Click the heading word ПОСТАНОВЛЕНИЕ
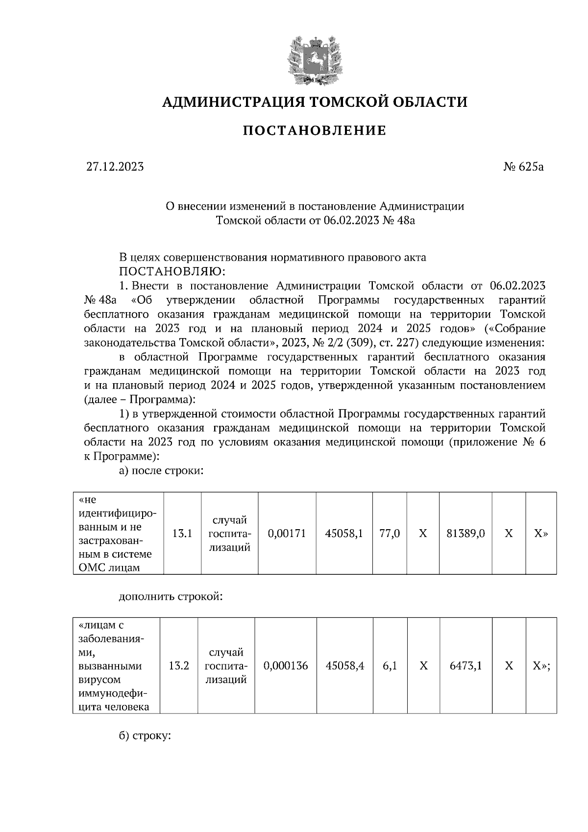click(315, 131)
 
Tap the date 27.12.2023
click(115, 167)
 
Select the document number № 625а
click(523, 167)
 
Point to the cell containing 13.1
click(182, 534)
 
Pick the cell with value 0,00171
click(287, 534)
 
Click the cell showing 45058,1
click(344, 534)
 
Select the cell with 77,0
click(390, 534)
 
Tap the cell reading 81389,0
click(465, 534)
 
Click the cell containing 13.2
click(179, 666)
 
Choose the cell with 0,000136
click(286, 666)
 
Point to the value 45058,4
click(345, 666)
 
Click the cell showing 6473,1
click(465, 666)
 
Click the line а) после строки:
click(161, 471)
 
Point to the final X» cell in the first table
click(541, 534)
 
